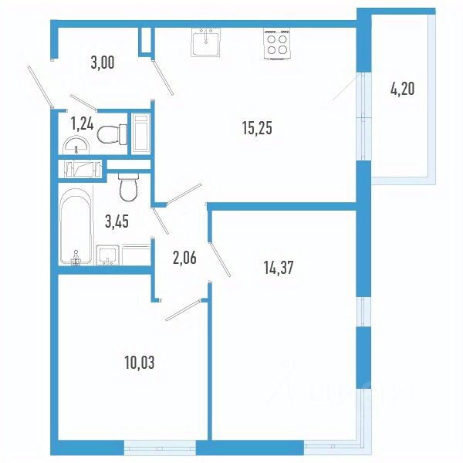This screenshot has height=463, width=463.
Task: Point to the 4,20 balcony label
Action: click(402, 88)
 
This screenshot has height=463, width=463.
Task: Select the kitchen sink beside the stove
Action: click(207, 42)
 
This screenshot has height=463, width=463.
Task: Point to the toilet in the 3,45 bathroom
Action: click(128, 186)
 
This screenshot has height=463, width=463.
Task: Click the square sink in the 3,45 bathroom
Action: click(106, 254)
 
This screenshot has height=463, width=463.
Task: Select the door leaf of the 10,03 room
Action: click(182, 309)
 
